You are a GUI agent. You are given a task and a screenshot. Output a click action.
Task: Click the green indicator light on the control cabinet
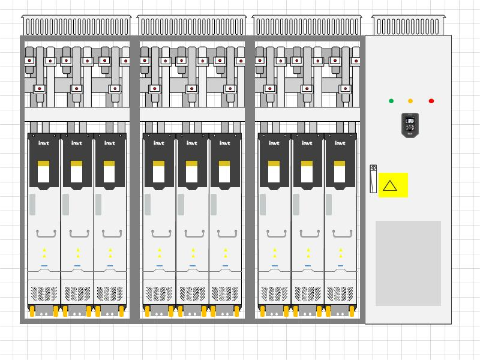click(x=391, y=101)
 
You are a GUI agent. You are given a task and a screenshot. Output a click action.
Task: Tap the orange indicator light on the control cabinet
click(x=410, y=101)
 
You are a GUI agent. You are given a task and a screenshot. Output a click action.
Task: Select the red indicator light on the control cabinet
click(x=431, y=101)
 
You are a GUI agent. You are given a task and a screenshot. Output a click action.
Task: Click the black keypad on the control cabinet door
click(x=410, y=125)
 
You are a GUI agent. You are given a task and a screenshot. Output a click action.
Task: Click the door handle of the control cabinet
click(x=373, y=178)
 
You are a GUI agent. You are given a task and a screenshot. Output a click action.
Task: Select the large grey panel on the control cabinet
click(x=408, y=263)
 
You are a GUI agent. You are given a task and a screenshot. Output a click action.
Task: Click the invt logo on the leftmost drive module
click(x=44, y=143)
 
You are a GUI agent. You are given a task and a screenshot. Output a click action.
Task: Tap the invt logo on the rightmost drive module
click(x=340, y=143)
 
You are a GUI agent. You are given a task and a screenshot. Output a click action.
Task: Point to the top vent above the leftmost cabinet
click(x=76, y=26)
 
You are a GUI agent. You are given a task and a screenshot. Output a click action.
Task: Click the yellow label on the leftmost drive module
click(x=44, y=163)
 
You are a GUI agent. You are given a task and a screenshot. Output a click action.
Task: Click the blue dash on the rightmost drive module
click(x=340, y=265)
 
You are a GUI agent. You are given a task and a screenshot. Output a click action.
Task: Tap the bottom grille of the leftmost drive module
click(x=44, y=293)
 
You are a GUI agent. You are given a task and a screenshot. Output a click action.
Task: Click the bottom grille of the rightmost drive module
click(x=340, y=293)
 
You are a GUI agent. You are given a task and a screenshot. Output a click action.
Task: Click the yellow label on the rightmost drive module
click(x=340, y=163)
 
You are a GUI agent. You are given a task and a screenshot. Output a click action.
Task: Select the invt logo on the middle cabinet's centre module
click(x=191, y=143)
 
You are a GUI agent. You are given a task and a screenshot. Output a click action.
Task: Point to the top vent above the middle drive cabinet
click(x=191, y=26)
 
